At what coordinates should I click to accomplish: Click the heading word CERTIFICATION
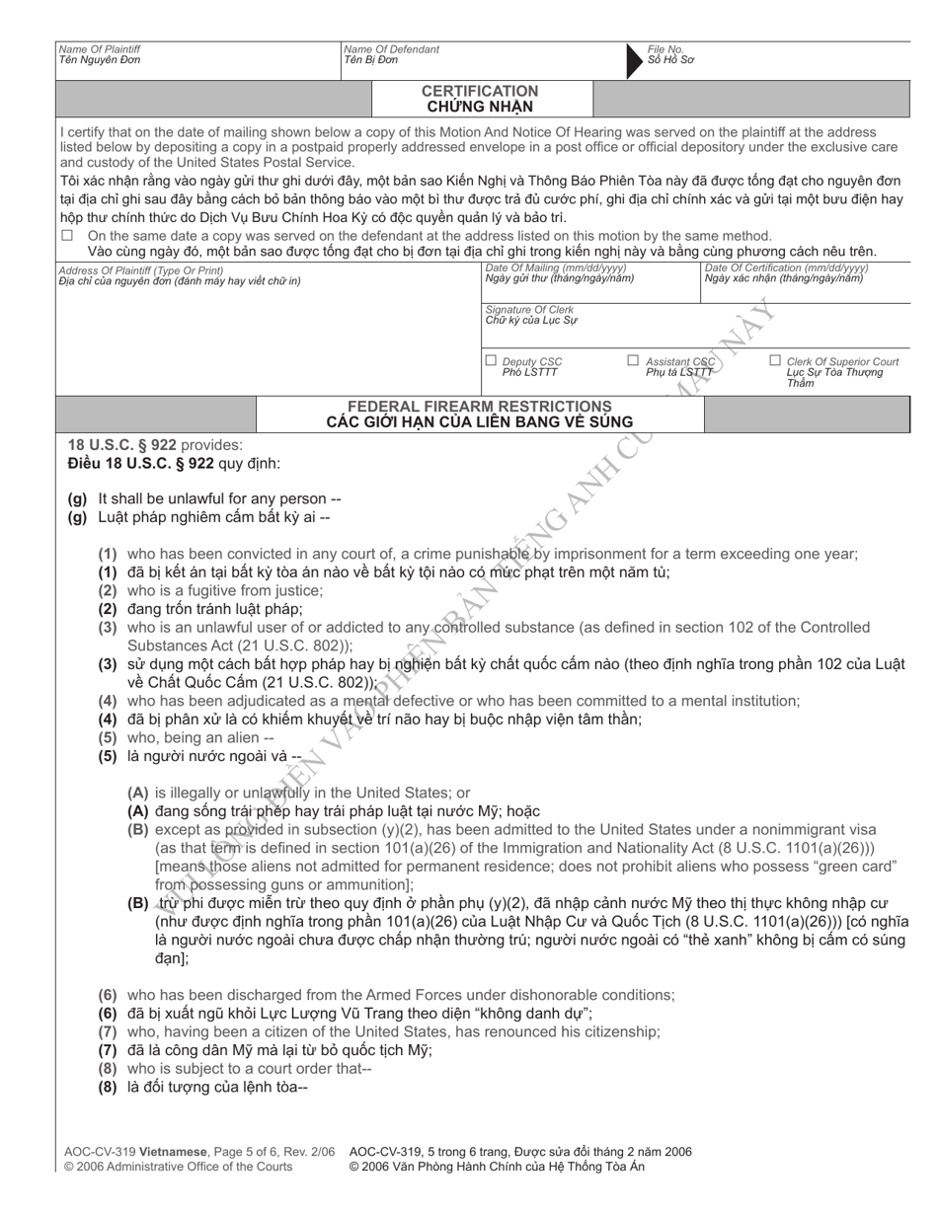tap(481, 91)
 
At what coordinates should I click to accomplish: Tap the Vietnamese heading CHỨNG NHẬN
tap(481, 107)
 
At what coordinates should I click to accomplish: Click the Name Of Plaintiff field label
tap(100, 49)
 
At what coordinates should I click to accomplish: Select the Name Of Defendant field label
tap(391, 49)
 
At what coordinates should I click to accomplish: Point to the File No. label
tap(665, 49)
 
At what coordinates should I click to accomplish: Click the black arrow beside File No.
tap(635, 61)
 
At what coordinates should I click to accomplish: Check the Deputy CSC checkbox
tap(491, 361)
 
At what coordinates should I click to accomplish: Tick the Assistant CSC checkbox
tap(633, 361)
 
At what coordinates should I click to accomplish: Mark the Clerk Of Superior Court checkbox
tap(775, 361)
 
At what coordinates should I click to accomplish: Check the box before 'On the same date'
tap(68, 236)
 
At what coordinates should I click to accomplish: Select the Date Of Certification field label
tap(786, 267)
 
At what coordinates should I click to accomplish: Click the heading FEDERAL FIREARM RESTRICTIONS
tap(480, 407)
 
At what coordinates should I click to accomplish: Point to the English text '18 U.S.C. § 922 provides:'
tap(154, 445)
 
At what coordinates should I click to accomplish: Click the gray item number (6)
tap(108, 995)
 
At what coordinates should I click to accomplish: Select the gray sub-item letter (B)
tap(138, 830)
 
